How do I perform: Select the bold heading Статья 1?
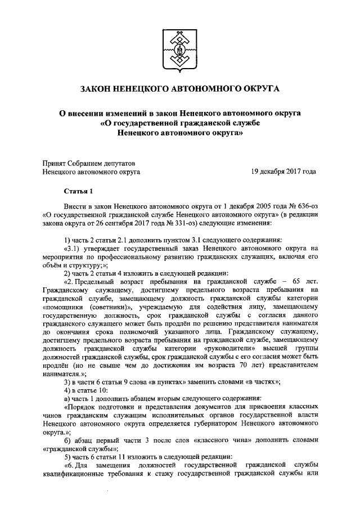point(77,191)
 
